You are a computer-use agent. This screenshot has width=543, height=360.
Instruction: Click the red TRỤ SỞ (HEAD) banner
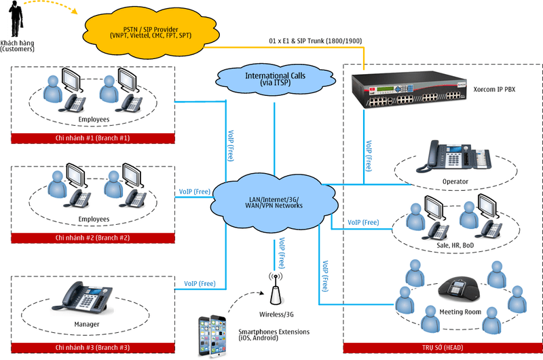point(441,348)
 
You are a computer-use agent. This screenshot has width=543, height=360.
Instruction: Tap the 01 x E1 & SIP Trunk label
point(316,41)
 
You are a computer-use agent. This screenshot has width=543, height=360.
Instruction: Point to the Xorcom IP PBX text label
point(500,89)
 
